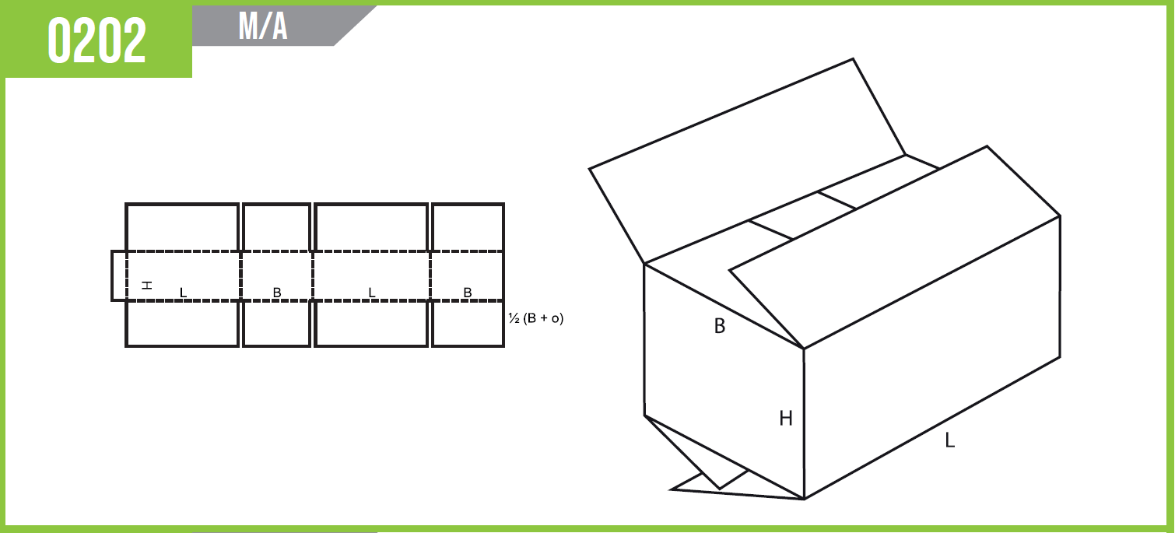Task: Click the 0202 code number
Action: (x=96, y=40)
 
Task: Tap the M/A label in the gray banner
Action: (x=263, y=26)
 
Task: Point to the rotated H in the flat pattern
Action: (x=147, y=285)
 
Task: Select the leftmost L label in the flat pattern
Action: (x=183, y=293)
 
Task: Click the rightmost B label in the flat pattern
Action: (x=468, y=293)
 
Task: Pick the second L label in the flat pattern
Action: (x=372, y=293)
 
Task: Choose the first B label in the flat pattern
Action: (x=277, y=293)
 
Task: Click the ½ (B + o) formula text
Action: (x=535, y=318)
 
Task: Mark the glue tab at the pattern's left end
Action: (x=119, y=276)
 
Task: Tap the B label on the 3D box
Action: (x=720, y=326)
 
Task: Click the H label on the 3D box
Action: (x=786, y=418)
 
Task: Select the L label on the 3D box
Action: (x=949, y=440)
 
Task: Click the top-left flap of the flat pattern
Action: (x=182, y=227)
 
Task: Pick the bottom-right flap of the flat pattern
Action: (x=468, y=324)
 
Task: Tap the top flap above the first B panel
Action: (x=276, y=227)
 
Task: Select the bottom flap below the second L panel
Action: (x=371, y=324)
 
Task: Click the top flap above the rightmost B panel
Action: (x=468, y=227)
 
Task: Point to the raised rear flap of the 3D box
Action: (x=748, y=160)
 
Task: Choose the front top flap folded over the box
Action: (x=894, y=247)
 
